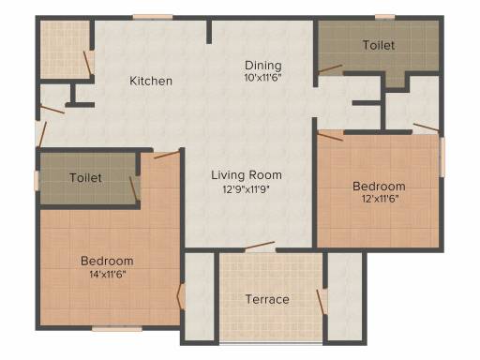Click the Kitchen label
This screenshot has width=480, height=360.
pyautogui.click(x=151, y=81)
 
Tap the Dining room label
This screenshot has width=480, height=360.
pyautogui.click(x=262, y=66)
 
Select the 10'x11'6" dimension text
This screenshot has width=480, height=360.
pyautogui.click(x=262, y=78)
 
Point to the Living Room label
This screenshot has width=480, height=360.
pyautogui.click(x=247, y=175)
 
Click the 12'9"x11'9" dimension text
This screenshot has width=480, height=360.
pyautogui.click(x=246, y=189)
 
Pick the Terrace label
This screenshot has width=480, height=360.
pyautogui.click(x=267, y=299)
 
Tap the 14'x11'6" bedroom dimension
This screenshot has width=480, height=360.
pyautogui.click(x=107, y=275)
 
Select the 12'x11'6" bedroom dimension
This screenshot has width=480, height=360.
pyautogui.click(x=380, y=199)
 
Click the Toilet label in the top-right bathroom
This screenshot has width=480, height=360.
pyautogui.click(x=379, y=45)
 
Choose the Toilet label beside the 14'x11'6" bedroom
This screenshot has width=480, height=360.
pyautogui.click(x=85, y=178)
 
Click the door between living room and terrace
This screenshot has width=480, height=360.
pyautogui.click(x=260, y=246)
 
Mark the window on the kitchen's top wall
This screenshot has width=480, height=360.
pyautogui.click(x=153, y=17)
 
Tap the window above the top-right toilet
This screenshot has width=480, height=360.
pyautogui.click(x=384, y=17)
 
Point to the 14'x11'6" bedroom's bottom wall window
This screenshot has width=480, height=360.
pyautogui.click(x=117, y=328)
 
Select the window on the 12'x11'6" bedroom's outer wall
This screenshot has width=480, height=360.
pyautogui.click(x=442, y=157)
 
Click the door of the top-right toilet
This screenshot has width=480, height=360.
pyautogui.click(x=330, y=69)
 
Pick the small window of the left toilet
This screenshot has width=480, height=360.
pyautogui.click(x=37, y=181)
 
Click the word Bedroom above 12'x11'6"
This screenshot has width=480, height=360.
pyautogui.click(x=379, y=187)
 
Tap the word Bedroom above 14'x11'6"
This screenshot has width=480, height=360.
pyautogui.click(x=107, y=261)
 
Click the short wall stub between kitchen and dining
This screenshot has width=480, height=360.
pyautogui.click(x=209, y=32)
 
